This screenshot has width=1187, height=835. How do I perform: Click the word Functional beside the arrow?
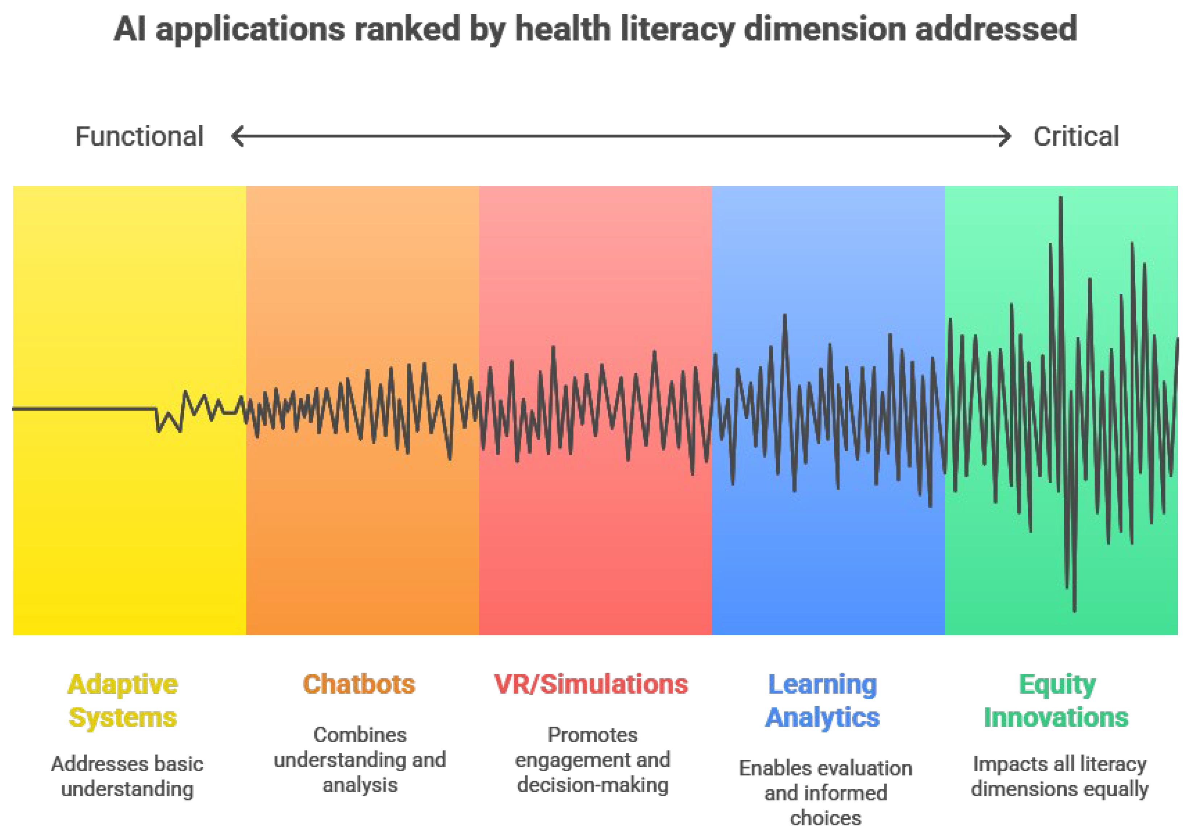(x=139, y=137)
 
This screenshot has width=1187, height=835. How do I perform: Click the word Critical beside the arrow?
(x=1076, y=137)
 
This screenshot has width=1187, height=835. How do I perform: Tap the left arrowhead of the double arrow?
(x=237, y=137)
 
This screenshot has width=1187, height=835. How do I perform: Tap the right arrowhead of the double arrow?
(x=1004, y=137)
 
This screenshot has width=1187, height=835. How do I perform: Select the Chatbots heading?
(x=359, y=684)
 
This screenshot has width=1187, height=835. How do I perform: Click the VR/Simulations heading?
(x=591, y=684)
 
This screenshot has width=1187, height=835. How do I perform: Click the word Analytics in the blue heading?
(x=822, y=718)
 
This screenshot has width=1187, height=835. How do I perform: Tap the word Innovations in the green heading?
(x=1056, y=718)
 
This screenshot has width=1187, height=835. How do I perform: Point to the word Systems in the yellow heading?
(x=123, y=718)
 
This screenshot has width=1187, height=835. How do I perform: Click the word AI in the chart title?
(x=130, y=29)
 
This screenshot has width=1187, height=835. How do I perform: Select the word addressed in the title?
(x=996, y=29)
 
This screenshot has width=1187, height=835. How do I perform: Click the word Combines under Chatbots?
(x=360, y=735)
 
